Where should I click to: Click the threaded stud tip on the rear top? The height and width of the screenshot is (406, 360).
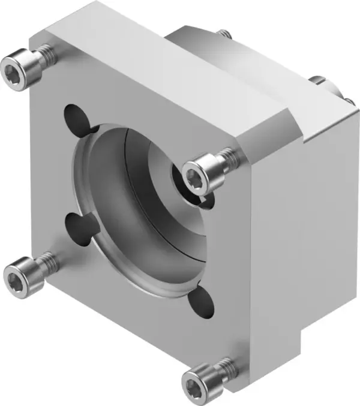pos(224,33)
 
